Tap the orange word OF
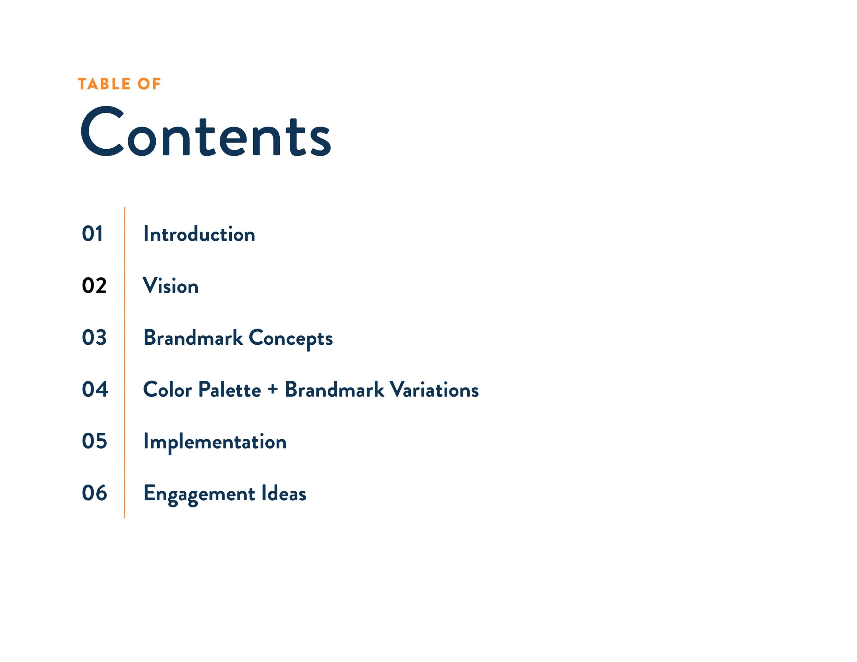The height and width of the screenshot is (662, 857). pos(149,84)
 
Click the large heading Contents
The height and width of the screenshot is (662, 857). pos(206,133)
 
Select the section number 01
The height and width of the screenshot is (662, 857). pos(93,234)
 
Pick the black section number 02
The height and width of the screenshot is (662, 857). pos(94,285)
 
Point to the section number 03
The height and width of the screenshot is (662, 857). pos(94,337)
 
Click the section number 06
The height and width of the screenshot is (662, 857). pos(95,493)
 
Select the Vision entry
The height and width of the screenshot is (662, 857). pos(171,285)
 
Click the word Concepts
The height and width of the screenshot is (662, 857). pos(291,338)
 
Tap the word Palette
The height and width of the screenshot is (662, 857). pos(230,390)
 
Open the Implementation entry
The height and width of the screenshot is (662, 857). pos(215,442)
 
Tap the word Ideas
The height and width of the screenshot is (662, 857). pos(284,493)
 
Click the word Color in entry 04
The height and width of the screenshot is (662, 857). pos(168,390)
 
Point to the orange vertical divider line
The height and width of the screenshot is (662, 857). pos(125,363)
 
